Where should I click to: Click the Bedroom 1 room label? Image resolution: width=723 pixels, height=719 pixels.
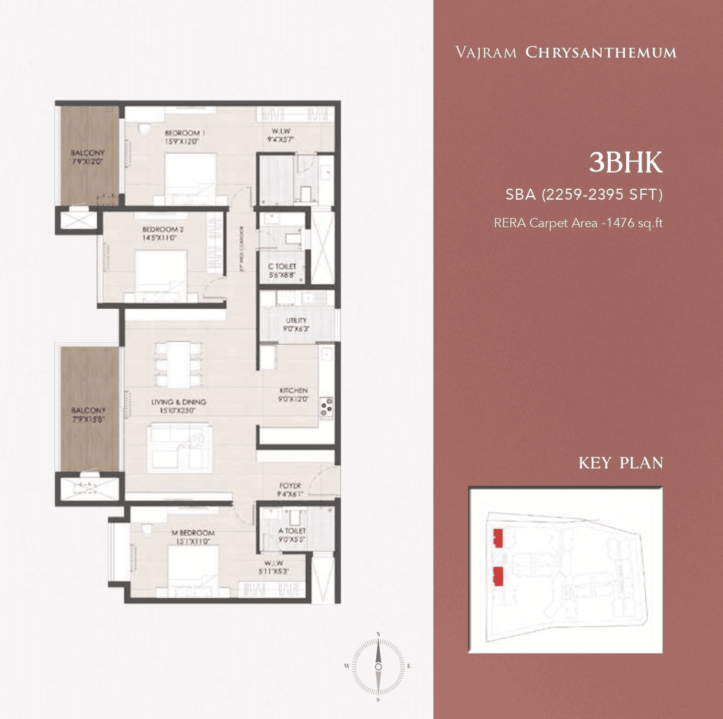click(183, 133)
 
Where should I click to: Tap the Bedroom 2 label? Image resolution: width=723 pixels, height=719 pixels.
click(159, 230)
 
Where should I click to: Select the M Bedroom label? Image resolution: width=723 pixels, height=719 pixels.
click(192, 533)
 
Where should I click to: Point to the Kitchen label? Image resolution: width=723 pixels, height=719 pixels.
click(293, 391)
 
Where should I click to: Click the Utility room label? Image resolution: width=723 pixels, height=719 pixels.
click(296, 320)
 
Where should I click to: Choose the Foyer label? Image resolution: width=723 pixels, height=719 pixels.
click(290, 486)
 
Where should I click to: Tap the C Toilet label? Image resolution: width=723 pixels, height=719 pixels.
click(282, 266)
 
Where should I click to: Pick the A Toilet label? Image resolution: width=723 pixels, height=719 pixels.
click(292, 531)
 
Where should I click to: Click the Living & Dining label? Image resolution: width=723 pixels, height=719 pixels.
click(178, 402)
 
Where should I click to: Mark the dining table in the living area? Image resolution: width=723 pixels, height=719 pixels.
click(178, 363)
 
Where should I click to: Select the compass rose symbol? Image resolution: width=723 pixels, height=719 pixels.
click(378, 666)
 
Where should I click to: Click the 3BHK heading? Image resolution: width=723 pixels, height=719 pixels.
click(626, 163)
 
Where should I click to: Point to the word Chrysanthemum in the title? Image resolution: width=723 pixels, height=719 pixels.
click(600, 53)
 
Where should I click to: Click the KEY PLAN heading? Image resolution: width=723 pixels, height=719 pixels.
click(621, 462)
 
